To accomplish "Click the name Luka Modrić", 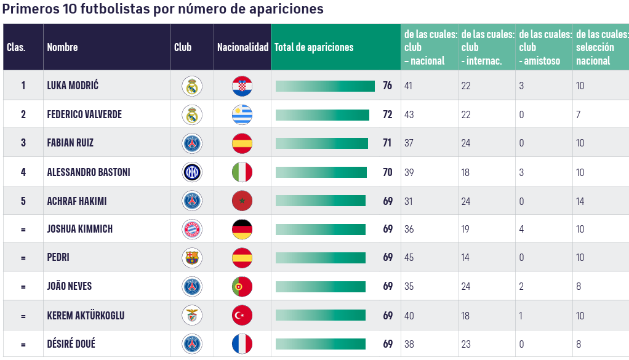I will click(x=73, y=86).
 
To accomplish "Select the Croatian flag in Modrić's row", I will click(x=242, y=86).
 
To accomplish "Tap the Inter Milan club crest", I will click(x=192, y=172).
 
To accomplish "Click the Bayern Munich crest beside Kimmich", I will click(x=192, y=230).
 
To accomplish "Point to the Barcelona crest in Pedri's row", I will click(x=192, y=258).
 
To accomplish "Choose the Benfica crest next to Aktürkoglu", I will click(x=192, y=316).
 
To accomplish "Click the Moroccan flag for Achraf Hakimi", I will click(x=242, y=201).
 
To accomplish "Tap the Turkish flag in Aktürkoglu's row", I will click(x=242, y=316).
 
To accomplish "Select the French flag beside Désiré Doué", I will click(x=242, y=344).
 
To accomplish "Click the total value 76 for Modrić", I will click(x=387, y=86).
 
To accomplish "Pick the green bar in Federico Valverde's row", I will click(x=323, y=115).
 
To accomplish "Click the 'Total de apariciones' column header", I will click(x=314, y=47).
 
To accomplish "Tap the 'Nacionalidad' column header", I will click(x=242, y=47).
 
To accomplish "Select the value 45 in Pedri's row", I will click(x=409, y=258).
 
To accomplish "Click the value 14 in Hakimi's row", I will click(x=580, y=201).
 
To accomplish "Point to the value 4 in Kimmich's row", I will click(x=521, y=230).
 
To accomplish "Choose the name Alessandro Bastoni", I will click(x=89, y=172).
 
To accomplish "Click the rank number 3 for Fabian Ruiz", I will click(x=23, y=143).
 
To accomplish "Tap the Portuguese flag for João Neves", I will click(x=242, y=287).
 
